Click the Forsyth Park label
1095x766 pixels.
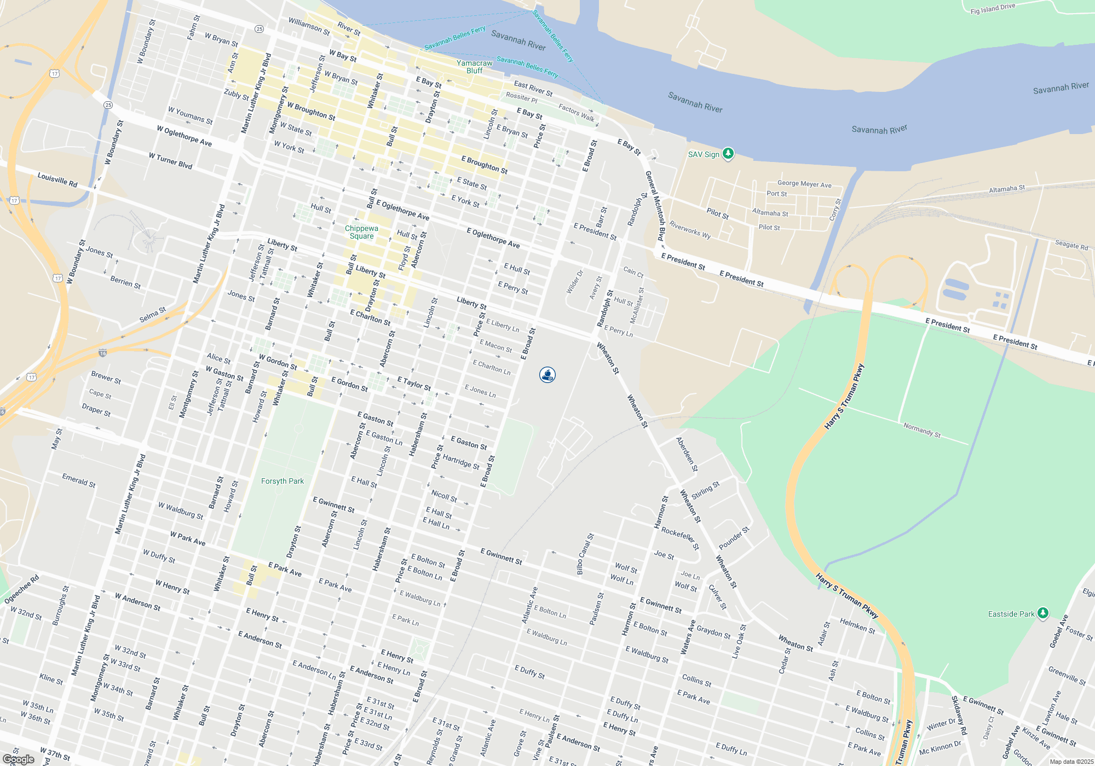282,481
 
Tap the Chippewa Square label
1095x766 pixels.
361,232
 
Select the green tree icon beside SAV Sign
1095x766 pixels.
728,153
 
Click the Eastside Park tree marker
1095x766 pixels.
1042,613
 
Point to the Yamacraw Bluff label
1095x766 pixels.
475,67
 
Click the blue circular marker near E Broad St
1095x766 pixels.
547,375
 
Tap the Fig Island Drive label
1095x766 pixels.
992,8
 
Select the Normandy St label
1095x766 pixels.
922,430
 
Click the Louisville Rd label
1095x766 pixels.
57,179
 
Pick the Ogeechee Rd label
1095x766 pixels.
21,589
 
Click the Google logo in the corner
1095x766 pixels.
18,759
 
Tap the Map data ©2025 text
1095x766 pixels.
1071,762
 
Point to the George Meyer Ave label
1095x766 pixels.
804,184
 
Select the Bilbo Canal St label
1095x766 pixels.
585,554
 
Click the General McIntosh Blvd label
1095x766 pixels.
654,206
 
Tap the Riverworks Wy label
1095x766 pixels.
690,230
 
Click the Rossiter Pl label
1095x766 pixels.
521,97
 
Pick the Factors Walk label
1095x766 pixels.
576,112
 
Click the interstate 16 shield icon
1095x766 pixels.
102,353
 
